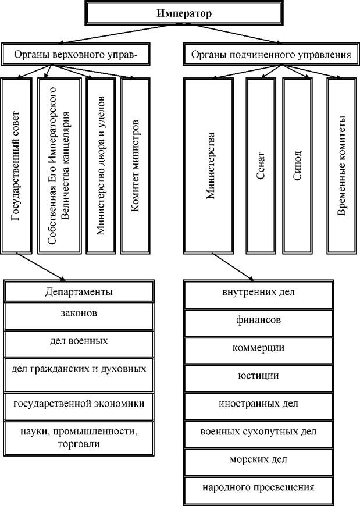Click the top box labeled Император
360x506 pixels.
pyautogui.click(x=184, y=13)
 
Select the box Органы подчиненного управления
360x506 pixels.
pyautogui.click(x=271, y=54)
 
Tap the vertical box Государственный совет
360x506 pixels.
pyautogui.click(x=16, y=166)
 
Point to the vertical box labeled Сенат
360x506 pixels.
pyautogui.click(x=261, y=166)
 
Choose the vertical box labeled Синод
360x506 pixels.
pyautogui.click(x=297, y=166)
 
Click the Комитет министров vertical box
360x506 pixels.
pyautogui.click(x=135, y=166)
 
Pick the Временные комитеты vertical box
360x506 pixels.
pyautogui.click(x=342, y=166)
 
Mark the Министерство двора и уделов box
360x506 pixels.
pyautogui.click(x=101, y=166)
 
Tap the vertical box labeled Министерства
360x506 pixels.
pyautogui.click(x=208, y=166)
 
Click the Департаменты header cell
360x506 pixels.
pyautogui.click(x=79, y=291)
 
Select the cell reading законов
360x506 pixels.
pyautogui.click(x=79, y=316)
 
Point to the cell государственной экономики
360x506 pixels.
pyautogui.click(x=79, y=407)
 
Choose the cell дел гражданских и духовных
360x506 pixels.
pyautogui.click(x=79, y=375)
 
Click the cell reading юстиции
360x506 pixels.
pyautogui.click(x=258, y=378)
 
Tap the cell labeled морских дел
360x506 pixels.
pyautogui.click(x=258, y=462)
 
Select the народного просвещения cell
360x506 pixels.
pyautogui.click(x=258, y=490)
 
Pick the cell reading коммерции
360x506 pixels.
pyautogui.click(x=258, y=351)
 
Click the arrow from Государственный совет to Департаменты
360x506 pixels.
pyautogui.click(x=41, y=267)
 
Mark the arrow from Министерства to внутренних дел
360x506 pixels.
pyautogui.click(x=233, y=267)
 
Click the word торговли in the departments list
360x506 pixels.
pyautogui.click(x=79, y=444)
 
